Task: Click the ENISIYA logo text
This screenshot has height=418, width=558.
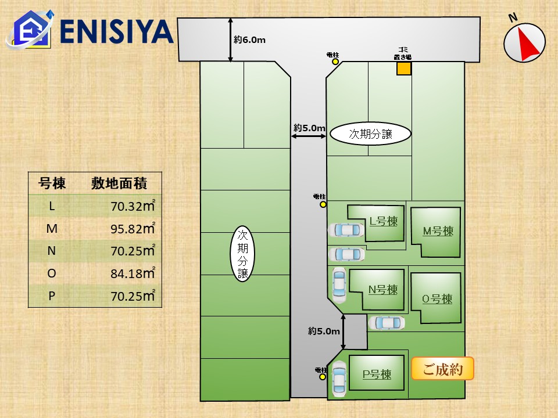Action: point(116,32)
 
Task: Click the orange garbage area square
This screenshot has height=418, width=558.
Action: point(404,69)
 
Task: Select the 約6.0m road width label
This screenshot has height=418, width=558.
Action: point(250,40)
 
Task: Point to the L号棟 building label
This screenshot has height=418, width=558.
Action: point(384,221)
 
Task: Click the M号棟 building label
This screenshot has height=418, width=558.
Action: point(438,231)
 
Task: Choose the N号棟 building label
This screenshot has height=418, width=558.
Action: point(383,289)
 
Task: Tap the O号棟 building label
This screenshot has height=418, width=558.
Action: point(437,300)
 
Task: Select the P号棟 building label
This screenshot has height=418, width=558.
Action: point(377,374)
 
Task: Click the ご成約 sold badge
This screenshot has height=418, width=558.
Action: point(442,369)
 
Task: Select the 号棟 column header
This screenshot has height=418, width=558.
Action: point(52,184)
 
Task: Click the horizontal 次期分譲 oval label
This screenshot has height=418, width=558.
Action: point(370,134)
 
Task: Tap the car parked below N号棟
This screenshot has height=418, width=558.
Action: point(387,322)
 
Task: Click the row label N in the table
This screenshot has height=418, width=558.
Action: point(52,251)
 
